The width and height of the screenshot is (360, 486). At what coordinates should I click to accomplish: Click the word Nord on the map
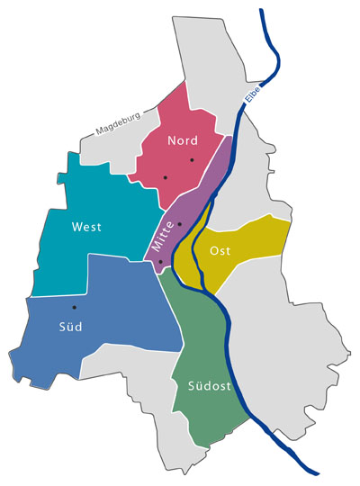[x=183, y=140]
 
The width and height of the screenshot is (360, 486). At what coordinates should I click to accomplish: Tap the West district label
[x=86, y=228]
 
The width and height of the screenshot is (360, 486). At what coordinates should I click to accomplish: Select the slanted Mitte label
[x=162, y=233]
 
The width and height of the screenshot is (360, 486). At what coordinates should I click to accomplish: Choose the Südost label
[x=211, y=387]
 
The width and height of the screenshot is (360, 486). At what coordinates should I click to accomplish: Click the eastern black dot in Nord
[x=192, y=160]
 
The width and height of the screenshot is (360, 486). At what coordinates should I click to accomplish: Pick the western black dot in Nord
[x=166, y=178]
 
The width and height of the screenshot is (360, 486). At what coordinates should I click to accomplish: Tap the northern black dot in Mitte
[x=179, y=223]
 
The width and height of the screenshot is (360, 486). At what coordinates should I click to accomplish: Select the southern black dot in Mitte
[x=161, y=262]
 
